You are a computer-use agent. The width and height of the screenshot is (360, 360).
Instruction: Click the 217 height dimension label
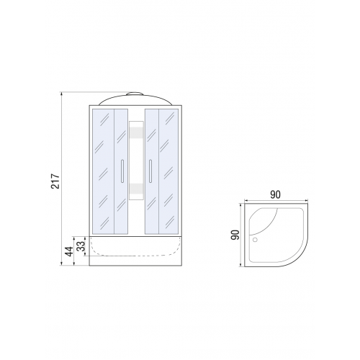(x=55, y=181)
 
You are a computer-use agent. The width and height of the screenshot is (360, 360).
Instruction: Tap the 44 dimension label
(x=70, y=251)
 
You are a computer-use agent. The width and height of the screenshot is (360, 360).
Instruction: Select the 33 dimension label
(x=82, y=246)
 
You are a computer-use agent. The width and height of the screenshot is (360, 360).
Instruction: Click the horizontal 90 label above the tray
(x=275, y=194)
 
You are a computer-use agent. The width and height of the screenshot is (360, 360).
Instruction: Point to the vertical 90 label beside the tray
(x=235, y=235)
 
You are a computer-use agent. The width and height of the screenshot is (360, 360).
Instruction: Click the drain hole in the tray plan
(x=255, y=239)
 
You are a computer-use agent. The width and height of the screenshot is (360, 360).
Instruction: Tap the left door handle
(x=122, y=171)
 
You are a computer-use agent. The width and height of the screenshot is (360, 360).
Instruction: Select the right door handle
(x=150, y=171)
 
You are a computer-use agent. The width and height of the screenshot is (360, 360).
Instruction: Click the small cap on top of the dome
(x=135, y=94)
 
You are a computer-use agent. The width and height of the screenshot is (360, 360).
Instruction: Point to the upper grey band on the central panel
(x=136, y=132)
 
